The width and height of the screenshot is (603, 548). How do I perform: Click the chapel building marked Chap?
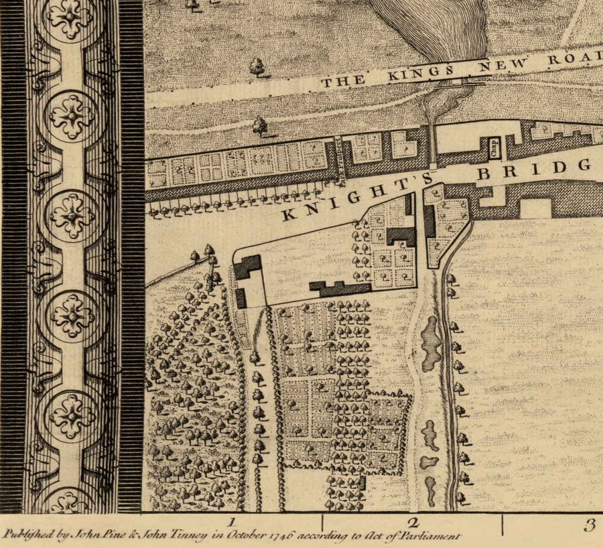494,147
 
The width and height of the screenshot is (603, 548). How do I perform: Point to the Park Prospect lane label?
340,161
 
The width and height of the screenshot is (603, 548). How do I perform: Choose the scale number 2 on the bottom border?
413,524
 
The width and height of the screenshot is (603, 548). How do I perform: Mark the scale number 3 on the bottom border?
589,525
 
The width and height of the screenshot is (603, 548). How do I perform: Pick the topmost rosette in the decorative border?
71,17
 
